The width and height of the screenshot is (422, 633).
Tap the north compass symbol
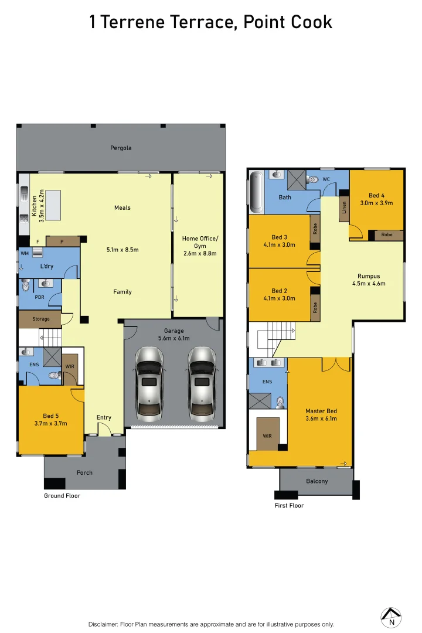coord(391,615)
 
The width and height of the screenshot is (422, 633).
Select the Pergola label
coord(121,148)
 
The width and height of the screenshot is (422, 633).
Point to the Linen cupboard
coord(344,209)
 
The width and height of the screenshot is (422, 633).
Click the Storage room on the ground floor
coord(40,319)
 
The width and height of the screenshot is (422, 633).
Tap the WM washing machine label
coord(25,253)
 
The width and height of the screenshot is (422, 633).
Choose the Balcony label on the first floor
coord(317,481)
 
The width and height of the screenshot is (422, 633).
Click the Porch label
coord(84,472)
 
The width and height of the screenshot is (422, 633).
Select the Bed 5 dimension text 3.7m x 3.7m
coord(51,423)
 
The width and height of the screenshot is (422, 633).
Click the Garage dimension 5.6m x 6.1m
coord(173,338)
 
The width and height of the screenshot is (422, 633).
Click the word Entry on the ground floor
coord(104,417)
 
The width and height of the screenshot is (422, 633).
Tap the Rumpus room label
coord(369,276)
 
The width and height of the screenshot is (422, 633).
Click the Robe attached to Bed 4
coord(387,235)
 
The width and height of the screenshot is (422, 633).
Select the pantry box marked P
coord(62,241)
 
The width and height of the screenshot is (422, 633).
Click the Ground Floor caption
coord(62,496)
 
